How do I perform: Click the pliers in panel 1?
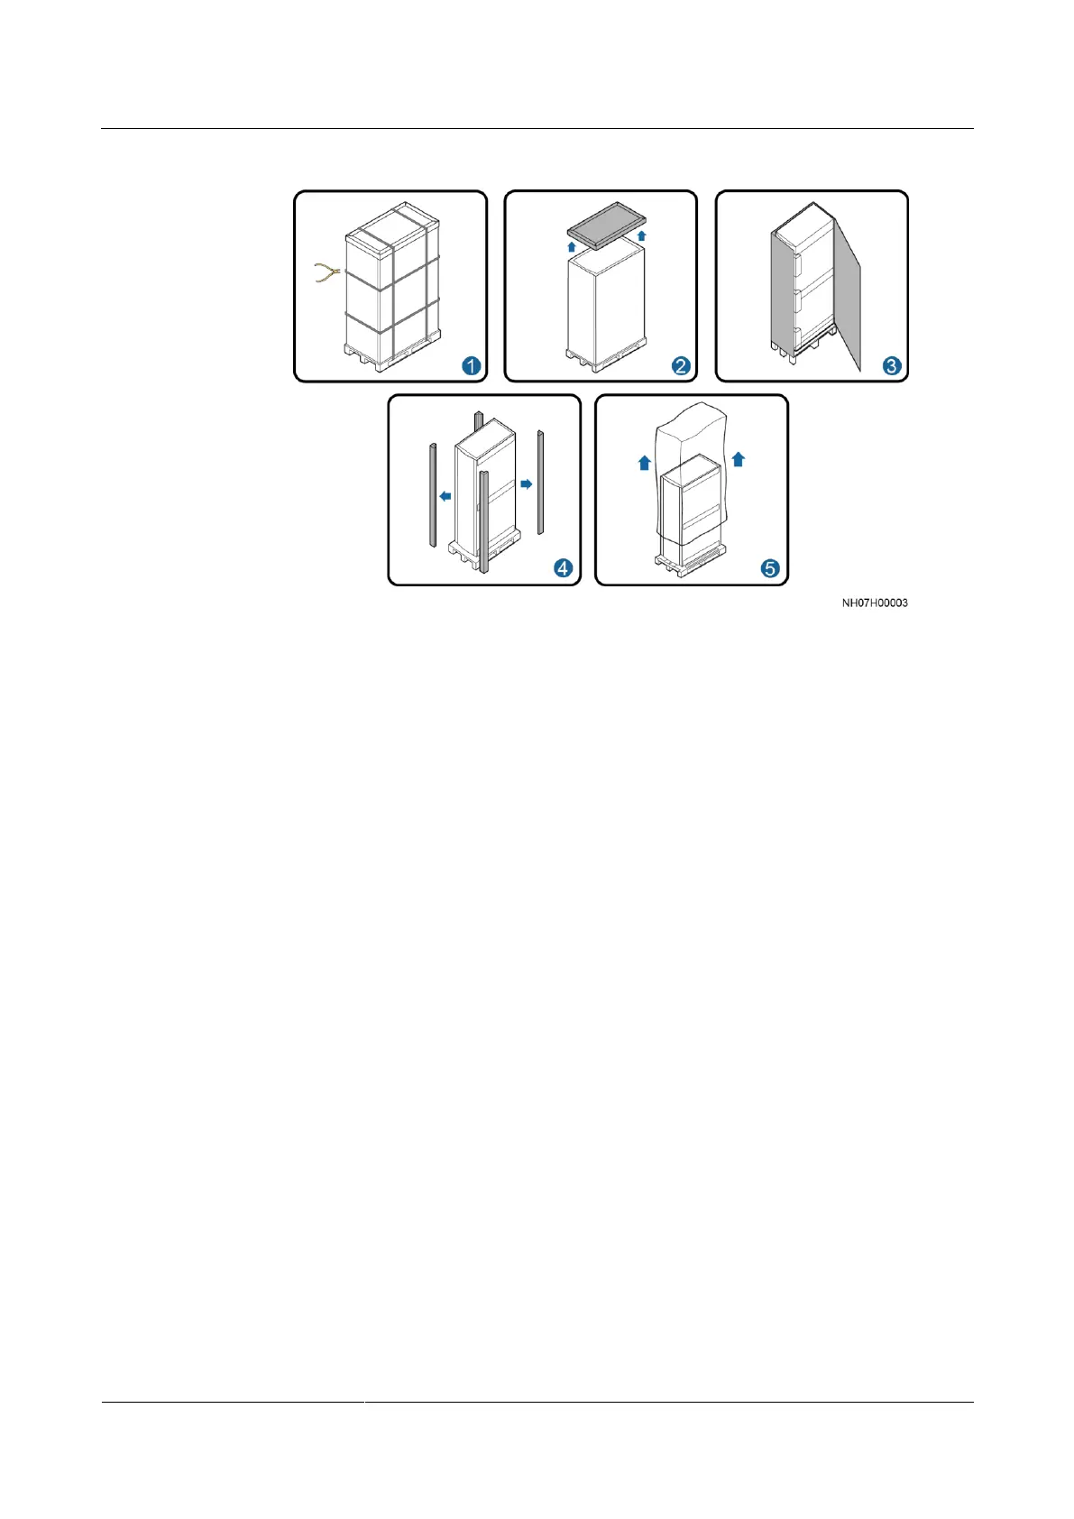326,272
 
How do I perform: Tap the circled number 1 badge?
471,365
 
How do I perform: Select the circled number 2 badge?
681,365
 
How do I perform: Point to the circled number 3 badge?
891,365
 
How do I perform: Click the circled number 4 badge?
563,568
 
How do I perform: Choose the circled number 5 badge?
770,568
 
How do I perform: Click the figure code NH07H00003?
874,603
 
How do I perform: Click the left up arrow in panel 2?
571,244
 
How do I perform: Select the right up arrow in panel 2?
641,235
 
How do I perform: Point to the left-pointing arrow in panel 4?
445,495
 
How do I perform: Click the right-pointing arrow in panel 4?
527,484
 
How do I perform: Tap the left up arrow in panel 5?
644,463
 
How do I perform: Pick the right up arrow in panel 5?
738,459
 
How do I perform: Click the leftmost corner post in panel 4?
432,495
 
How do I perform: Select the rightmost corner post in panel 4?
541,483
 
